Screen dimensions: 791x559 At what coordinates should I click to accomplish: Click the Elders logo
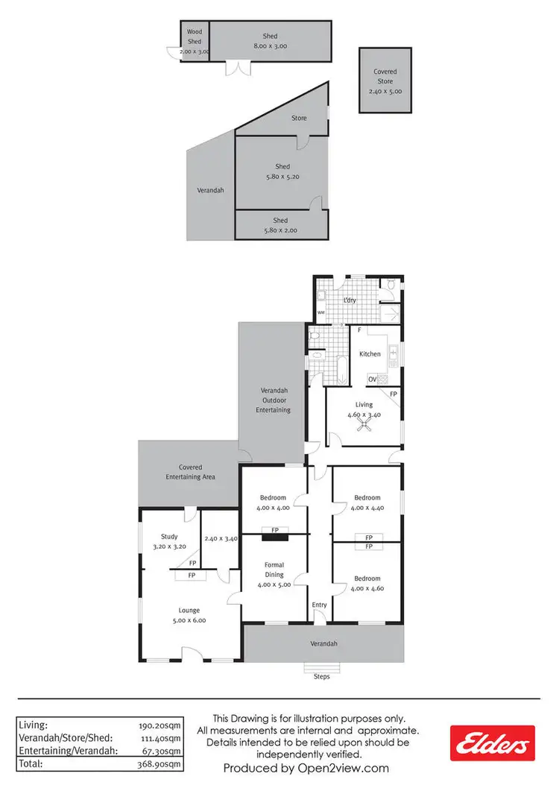coord(492,742)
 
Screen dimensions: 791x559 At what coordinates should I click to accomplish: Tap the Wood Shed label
coord(195,37)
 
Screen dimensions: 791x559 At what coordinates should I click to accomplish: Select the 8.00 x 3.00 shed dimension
coord(270,46)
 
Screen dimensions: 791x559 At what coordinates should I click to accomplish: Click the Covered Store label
coord(385,77)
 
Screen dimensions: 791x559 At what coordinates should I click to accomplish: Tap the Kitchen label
coord(370,354)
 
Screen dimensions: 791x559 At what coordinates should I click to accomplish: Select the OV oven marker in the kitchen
coord(372,379)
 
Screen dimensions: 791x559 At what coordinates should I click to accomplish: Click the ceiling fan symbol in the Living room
coord(364,425)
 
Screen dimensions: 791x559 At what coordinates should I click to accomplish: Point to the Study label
coord(169,536)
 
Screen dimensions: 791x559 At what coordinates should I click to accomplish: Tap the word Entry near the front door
coord(320,605)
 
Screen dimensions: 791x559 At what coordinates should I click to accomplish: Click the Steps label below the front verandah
coord(320,676)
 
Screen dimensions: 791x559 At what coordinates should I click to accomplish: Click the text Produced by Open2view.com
coord(306,768)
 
